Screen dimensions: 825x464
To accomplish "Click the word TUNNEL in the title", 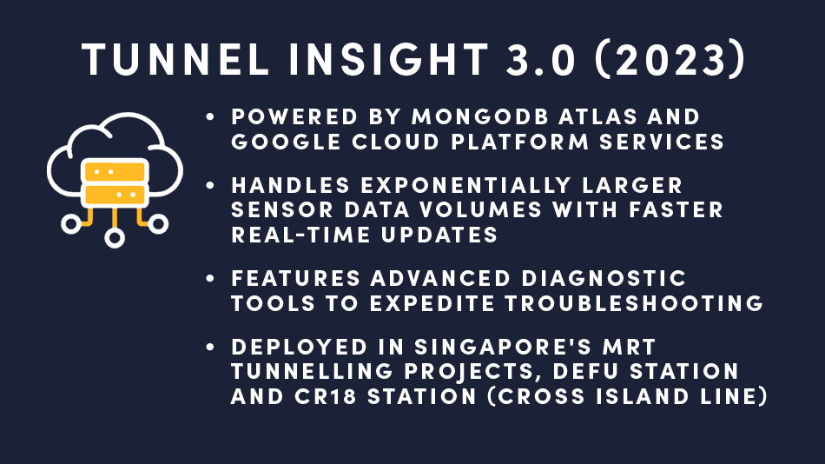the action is [x=175, y=59].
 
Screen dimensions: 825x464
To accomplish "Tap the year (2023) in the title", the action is [x=670, y=59].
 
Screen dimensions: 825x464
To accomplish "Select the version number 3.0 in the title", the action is [x=540, y=59].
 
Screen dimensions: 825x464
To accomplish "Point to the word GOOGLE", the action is [x=286, y=143].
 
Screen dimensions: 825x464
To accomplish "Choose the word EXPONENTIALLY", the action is [x=465, y=185].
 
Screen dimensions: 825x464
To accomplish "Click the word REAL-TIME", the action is [x=300, y=235].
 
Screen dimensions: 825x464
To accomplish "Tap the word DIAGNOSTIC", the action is [x=604, y=278].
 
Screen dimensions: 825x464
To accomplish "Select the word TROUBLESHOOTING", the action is [x=634, y=303].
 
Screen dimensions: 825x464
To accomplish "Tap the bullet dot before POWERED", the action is [x=210, y=117].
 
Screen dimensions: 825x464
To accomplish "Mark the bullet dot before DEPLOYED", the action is [x=210, y=347].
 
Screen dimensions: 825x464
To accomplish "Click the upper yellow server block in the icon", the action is [x=115, y=172].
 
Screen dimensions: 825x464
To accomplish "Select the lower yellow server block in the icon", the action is [x=115, y=195].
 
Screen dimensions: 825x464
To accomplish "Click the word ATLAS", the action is [x=597, y=117].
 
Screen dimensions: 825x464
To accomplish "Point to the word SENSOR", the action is [x=282, y=210].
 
